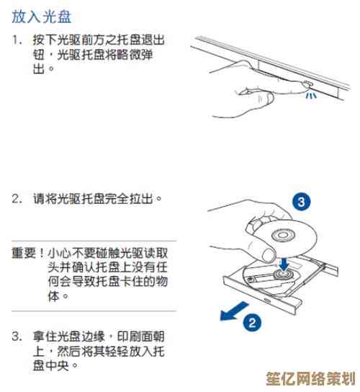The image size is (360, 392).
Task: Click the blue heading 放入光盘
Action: (x=42, y=17)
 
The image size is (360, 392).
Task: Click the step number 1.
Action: (x=17, y=40)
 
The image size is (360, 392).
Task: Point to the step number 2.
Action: (x=17, y=200)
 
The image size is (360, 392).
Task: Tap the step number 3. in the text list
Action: (x=17, y=337)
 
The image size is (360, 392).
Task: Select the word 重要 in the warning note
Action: (x=24, y=253)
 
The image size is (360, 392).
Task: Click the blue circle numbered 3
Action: (x=302, y=202)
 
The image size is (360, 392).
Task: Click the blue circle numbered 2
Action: (x=252, y=323)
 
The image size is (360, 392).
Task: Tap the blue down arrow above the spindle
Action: (x=284, y=264)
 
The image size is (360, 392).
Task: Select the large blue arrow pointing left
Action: (x=233, y=311)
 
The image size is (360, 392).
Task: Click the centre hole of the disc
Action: (x=283, y=235)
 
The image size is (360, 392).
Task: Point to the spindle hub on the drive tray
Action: (x=283, y=275)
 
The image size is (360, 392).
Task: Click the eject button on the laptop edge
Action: (x=307, y=84)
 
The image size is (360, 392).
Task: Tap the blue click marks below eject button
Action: (x=311, y=95)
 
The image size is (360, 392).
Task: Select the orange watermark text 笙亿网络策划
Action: (x=310, y=378)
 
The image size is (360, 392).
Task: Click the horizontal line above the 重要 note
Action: (x=94, y=241)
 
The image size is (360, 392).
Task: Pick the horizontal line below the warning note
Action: (x=94, y=311)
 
